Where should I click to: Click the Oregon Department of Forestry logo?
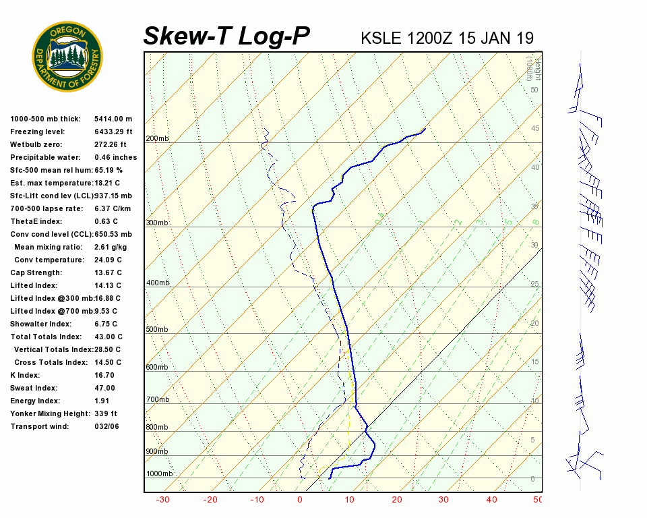67,57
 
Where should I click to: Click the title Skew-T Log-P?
226,36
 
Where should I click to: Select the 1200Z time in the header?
429,38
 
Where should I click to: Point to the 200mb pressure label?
158,139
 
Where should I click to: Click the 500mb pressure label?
158,330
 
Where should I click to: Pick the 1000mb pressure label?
160,474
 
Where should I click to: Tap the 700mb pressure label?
158,400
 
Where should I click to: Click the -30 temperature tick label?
162,500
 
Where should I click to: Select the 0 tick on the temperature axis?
300,500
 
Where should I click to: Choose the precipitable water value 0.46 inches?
115,158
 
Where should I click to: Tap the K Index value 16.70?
104,375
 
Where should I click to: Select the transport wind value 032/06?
106,426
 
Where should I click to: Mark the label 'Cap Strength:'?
36,273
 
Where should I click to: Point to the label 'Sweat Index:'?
34,388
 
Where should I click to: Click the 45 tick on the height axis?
534,129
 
